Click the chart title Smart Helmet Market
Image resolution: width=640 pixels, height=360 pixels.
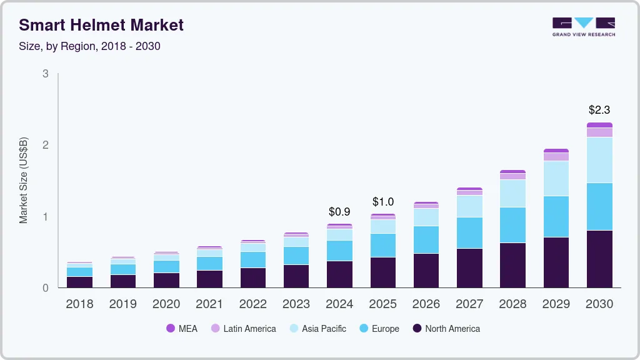(x=101, y=25)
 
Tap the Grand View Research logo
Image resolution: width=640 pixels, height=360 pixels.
(x=583, y=26)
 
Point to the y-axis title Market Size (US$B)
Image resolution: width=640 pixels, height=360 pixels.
(x=24, y=181)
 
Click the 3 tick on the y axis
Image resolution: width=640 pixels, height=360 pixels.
(x=46, y=74)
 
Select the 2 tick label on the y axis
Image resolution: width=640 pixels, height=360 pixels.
(x=46, y=145)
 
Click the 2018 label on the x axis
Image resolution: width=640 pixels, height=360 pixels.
(x=79, y=304)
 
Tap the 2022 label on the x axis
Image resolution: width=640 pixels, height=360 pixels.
(x=252, y=304)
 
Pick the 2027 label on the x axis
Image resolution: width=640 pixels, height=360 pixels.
(x=469, y=304)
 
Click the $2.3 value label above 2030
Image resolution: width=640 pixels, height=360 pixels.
(x=599, y=110)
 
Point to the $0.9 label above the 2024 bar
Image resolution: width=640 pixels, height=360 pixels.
(x=339, y=212)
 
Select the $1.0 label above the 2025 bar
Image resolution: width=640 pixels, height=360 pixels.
(x=383, y=202)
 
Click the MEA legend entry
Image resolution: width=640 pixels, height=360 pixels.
(x=181, y=329)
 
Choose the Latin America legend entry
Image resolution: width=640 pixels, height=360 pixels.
(x=243, y=329)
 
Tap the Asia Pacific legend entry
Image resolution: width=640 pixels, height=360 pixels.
(x=317, y=329)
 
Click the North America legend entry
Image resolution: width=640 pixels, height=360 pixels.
(x=446, y=329)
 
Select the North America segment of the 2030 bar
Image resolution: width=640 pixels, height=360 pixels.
(x=599, y=259)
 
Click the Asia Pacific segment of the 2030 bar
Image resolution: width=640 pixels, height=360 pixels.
(x=599, y=160)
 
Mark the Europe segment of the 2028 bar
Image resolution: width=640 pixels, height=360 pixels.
(x=512, y=225)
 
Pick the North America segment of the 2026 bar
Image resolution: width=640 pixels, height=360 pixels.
(x=426, y=271)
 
